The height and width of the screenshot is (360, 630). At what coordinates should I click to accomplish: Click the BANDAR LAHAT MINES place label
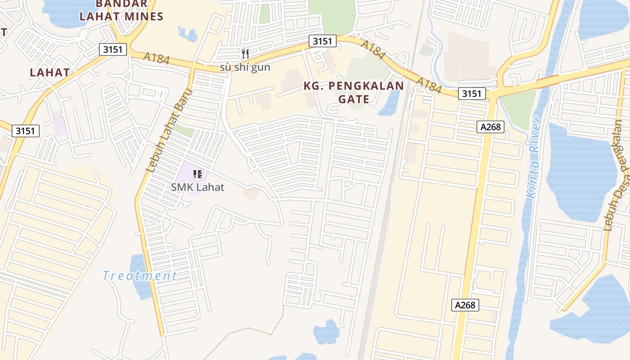click(121, 10)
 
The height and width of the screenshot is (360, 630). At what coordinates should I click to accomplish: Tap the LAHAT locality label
click(50, 72)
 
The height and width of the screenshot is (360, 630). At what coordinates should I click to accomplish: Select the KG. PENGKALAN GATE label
click(353, 92)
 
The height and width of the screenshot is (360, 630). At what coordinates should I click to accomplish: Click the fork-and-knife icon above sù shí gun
click(245, 54)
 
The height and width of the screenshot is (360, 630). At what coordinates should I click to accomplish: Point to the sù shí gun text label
click(245, 67)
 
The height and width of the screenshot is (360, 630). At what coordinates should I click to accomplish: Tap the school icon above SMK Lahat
click(197, 174)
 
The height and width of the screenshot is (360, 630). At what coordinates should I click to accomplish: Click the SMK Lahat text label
click(197, 187)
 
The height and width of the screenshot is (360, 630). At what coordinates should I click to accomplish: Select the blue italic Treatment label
click(139, 276)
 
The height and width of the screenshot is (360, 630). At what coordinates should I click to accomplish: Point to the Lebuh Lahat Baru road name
click(169, 130)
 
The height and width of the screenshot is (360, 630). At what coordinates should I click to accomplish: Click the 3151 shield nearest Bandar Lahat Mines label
click(112, 49)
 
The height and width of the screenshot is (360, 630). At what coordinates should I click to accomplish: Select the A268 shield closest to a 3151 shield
click(490, 127)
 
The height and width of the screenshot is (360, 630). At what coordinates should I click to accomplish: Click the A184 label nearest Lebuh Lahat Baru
click(156, 58)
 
